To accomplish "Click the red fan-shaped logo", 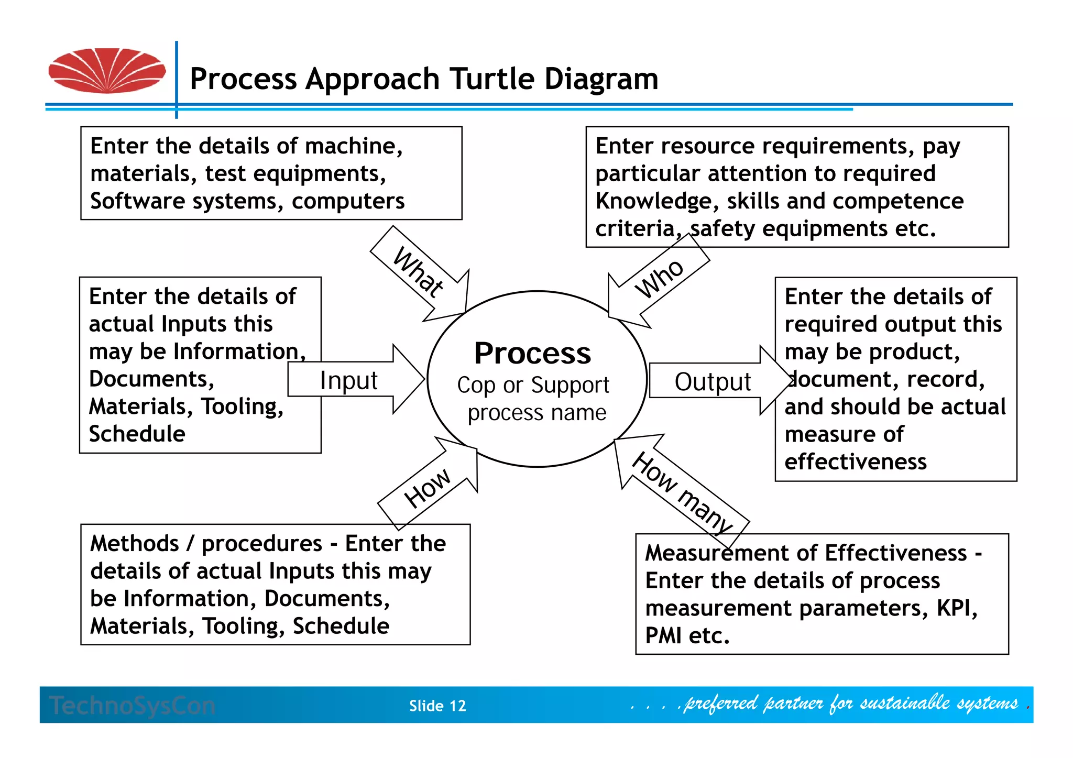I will [107, 71].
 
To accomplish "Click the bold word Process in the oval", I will [532, 353].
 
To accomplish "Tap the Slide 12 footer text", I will [437, 706].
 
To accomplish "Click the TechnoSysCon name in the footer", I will [133, 706].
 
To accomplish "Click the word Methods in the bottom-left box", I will [135, 543].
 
